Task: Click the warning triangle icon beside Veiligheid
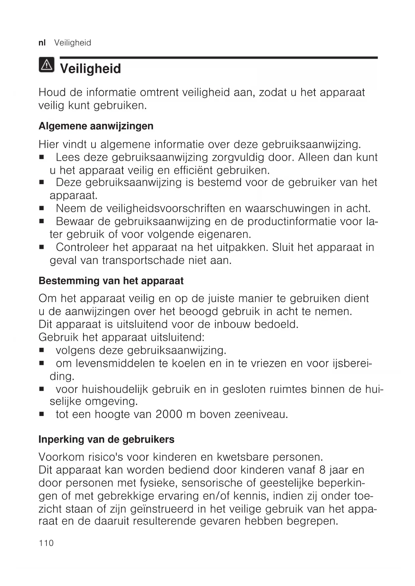click(x=46, y=65)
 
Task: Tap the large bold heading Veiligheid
click(x=90, y=69)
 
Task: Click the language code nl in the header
click(x=42, y=43)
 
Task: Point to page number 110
click(x=46, y=543)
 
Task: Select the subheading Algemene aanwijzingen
click(x=96, y=126)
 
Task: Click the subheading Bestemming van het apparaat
click(x=111, y=281)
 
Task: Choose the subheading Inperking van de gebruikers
click(x=106, y=439)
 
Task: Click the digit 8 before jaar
click(x=322, y=470)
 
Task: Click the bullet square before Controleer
click(x=42, y=248)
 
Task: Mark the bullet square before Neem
click(x=42, y=209)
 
